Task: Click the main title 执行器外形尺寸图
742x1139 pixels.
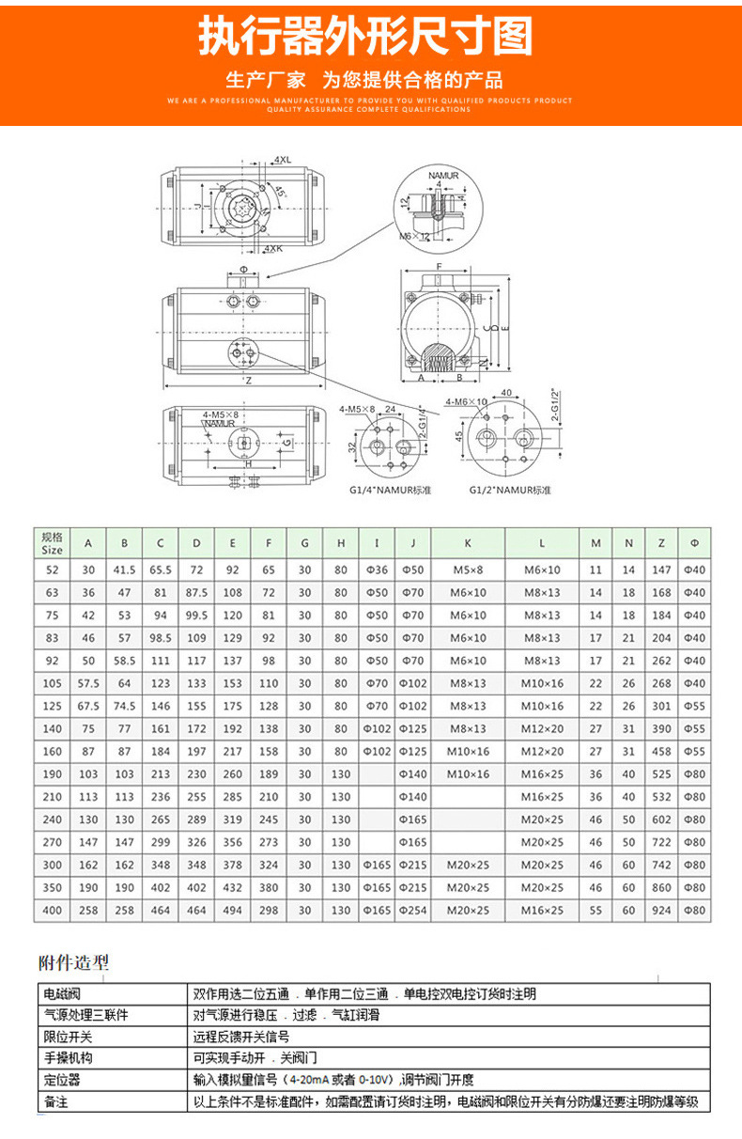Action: (x=365, y=39)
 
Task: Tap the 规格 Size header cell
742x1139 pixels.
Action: (x=53, y=542)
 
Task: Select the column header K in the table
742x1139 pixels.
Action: (x=468, y=542)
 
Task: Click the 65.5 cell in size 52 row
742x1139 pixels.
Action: (x=161, y=569)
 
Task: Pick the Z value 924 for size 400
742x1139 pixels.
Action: (x=662, y=910)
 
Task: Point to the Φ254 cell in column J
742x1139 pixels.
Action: (x=413, y=910)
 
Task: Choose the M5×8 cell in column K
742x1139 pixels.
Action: (x=468, y=569)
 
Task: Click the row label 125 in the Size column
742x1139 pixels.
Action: (x=53, y=706)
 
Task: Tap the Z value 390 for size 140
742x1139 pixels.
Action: (x=662, y=728)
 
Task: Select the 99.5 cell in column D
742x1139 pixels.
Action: (x=196, y=615)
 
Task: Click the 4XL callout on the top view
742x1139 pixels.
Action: (x=283, y=160)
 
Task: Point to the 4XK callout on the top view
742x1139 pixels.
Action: (x=272, y=248)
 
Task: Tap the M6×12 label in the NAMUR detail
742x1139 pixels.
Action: (x=413, y=235)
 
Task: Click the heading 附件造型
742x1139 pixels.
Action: (x=73, y=961)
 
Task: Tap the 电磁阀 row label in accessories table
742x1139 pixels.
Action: (x=62, y=993)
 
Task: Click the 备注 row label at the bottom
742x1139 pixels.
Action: (x=56, y=1101)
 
